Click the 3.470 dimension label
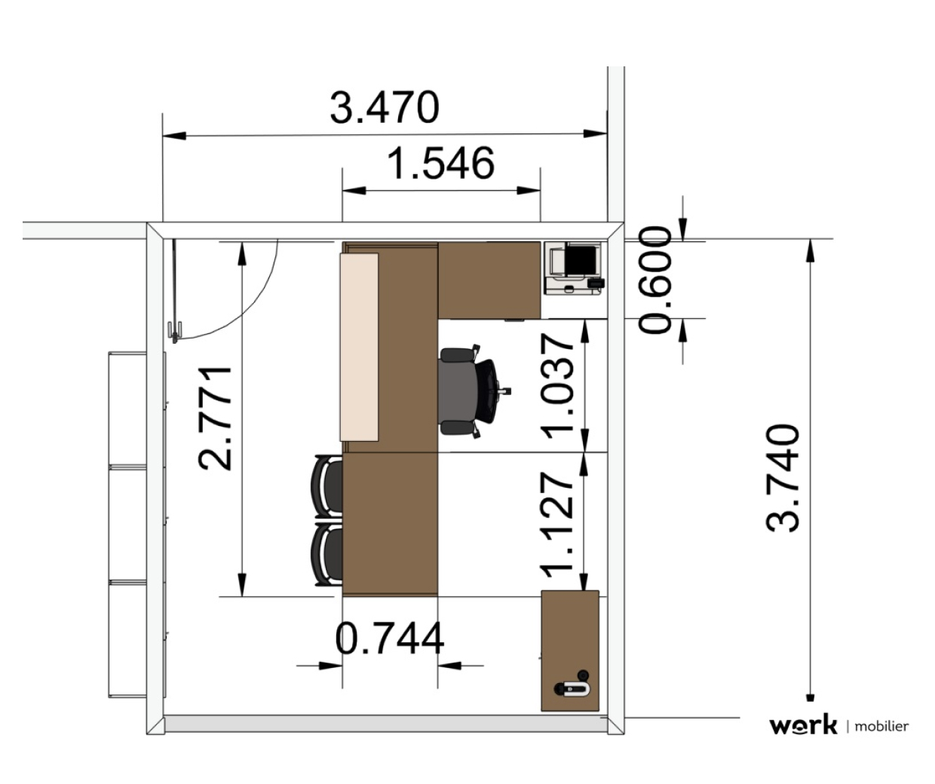click(385, 108)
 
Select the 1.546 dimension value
click(440, 164)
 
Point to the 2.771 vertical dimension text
click(216, 418)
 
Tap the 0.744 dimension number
click(390, 638)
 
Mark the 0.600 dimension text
click(654, 280)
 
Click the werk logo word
click(803, 726)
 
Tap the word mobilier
click(881, 727)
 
